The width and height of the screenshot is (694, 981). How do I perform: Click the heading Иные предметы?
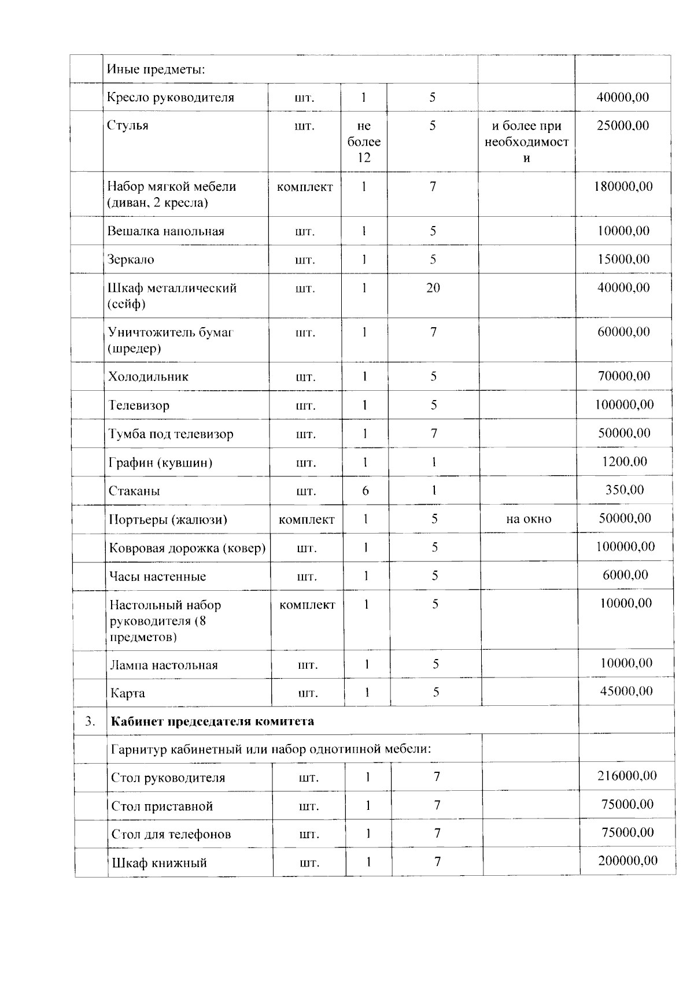156,70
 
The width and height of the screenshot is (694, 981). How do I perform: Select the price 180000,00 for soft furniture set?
623,186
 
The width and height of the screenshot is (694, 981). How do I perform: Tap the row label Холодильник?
148,377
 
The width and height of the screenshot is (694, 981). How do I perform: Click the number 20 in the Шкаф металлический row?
433,288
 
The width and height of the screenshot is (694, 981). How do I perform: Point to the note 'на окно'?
529,519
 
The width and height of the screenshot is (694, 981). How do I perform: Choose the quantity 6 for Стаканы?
365,491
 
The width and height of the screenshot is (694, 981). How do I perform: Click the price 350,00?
624,490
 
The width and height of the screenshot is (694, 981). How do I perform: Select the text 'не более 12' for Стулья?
364,142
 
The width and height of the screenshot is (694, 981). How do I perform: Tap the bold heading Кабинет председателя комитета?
212,721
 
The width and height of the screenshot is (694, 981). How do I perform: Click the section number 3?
90,721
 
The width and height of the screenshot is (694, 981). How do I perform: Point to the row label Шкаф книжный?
159,863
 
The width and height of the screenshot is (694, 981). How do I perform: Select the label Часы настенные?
157,576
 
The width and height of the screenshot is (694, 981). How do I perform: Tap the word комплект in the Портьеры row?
307,520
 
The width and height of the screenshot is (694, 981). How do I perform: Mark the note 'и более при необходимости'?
526,142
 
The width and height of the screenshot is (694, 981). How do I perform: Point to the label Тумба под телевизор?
171,434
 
